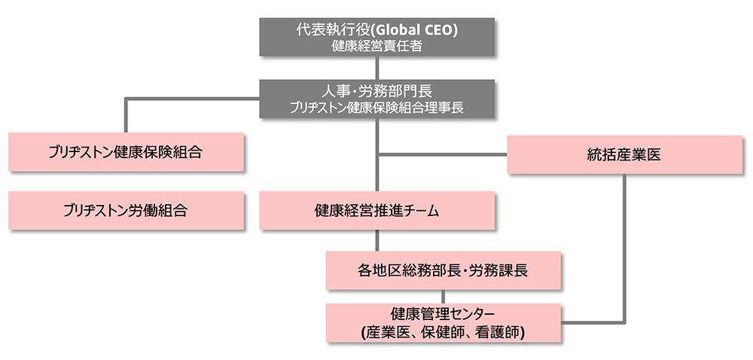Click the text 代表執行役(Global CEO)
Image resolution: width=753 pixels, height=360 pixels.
point(377,30)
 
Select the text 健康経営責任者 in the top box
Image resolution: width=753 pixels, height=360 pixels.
point(377,46)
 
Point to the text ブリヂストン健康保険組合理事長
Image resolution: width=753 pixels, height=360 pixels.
point(377,108)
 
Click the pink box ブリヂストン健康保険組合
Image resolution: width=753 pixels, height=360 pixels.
point(126,151)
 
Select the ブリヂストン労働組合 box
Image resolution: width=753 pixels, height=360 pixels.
point(126,210)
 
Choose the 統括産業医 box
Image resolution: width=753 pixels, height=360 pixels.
point(624,154)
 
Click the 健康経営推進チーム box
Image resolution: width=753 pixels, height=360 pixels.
point(377,210)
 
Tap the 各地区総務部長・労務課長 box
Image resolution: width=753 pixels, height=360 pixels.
point(444,270)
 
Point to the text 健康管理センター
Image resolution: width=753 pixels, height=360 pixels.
point(444,313)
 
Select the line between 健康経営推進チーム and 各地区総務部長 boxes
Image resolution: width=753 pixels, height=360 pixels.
point(377,240)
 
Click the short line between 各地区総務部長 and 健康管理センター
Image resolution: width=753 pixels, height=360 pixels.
point(444,296)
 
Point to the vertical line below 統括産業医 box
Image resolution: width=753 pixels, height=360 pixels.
point(624,249)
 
